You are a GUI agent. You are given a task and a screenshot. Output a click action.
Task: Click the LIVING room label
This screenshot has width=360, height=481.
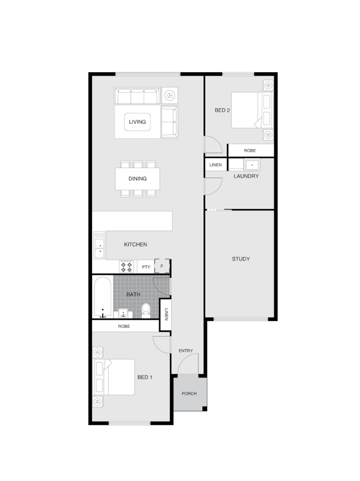click(x=137, y=122)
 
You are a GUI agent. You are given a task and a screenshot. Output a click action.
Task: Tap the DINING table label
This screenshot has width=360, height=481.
click(x=138, y=179)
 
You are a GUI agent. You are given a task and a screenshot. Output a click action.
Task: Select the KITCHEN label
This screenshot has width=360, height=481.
click(x=135, y=245)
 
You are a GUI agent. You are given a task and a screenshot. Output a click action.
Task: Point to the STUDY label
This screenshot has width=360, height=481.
click(x=241, y=259)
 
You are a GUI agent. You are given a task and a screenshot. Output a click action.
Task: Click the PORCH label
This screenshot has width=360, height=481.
click(x=189, y=394)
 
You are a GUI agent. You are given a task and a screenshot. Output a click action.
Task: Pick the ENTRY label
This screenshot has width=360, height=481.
click(x=186, y=351)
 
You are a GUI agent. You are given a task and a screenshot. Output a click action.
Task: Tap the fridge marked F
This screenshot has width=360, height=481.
click(x=162, y=266)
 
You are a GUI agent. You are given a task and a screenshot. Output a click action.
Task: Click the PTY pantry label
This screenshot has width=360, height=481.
click(x=146, y=267)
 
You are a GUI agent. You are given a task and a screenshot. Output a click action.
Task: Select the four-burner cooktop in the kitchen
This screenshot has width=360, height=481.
click(x=126, y=267)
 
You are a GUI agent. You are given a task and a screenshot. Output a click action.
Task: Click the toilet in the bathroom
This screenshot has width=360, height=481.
click(x=146, y=310)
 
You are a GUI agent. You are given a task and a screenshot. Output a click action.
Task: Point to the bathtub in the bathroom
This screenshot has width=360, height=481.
click(x=103, y=297)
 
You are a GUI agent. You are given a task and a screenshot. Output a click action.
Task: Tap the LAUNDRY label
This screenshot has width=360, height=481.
click(x=246, y=176)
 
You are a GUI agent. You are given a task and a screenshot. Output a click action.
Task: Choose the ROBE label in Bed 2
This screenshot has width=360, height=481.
click(x=250, y=151)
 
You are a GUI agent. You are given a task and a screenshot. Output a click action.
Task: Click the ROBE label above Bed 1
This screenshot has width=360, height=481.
click(x=124, y=326)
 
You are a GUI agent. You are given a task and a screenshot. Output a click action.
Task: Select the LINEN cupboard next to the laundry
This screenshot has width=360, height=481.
click(x=215, y=165)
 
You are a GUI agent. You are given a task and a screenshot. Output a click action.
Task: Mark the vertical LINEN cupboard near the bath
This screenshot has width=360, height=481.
click(x=166, y=314)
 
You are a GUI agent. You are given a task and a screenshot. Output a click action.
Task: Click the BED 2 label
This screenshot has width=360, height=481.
click(x=222, y=110)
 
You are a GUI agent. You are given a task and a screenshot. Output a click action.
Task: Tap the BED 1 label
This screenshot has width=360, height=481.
click(x=145, y=377)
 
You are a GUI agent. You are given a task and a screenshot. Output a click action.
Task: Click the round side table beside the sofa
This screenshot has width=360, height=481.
click(x=170, y=95)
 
